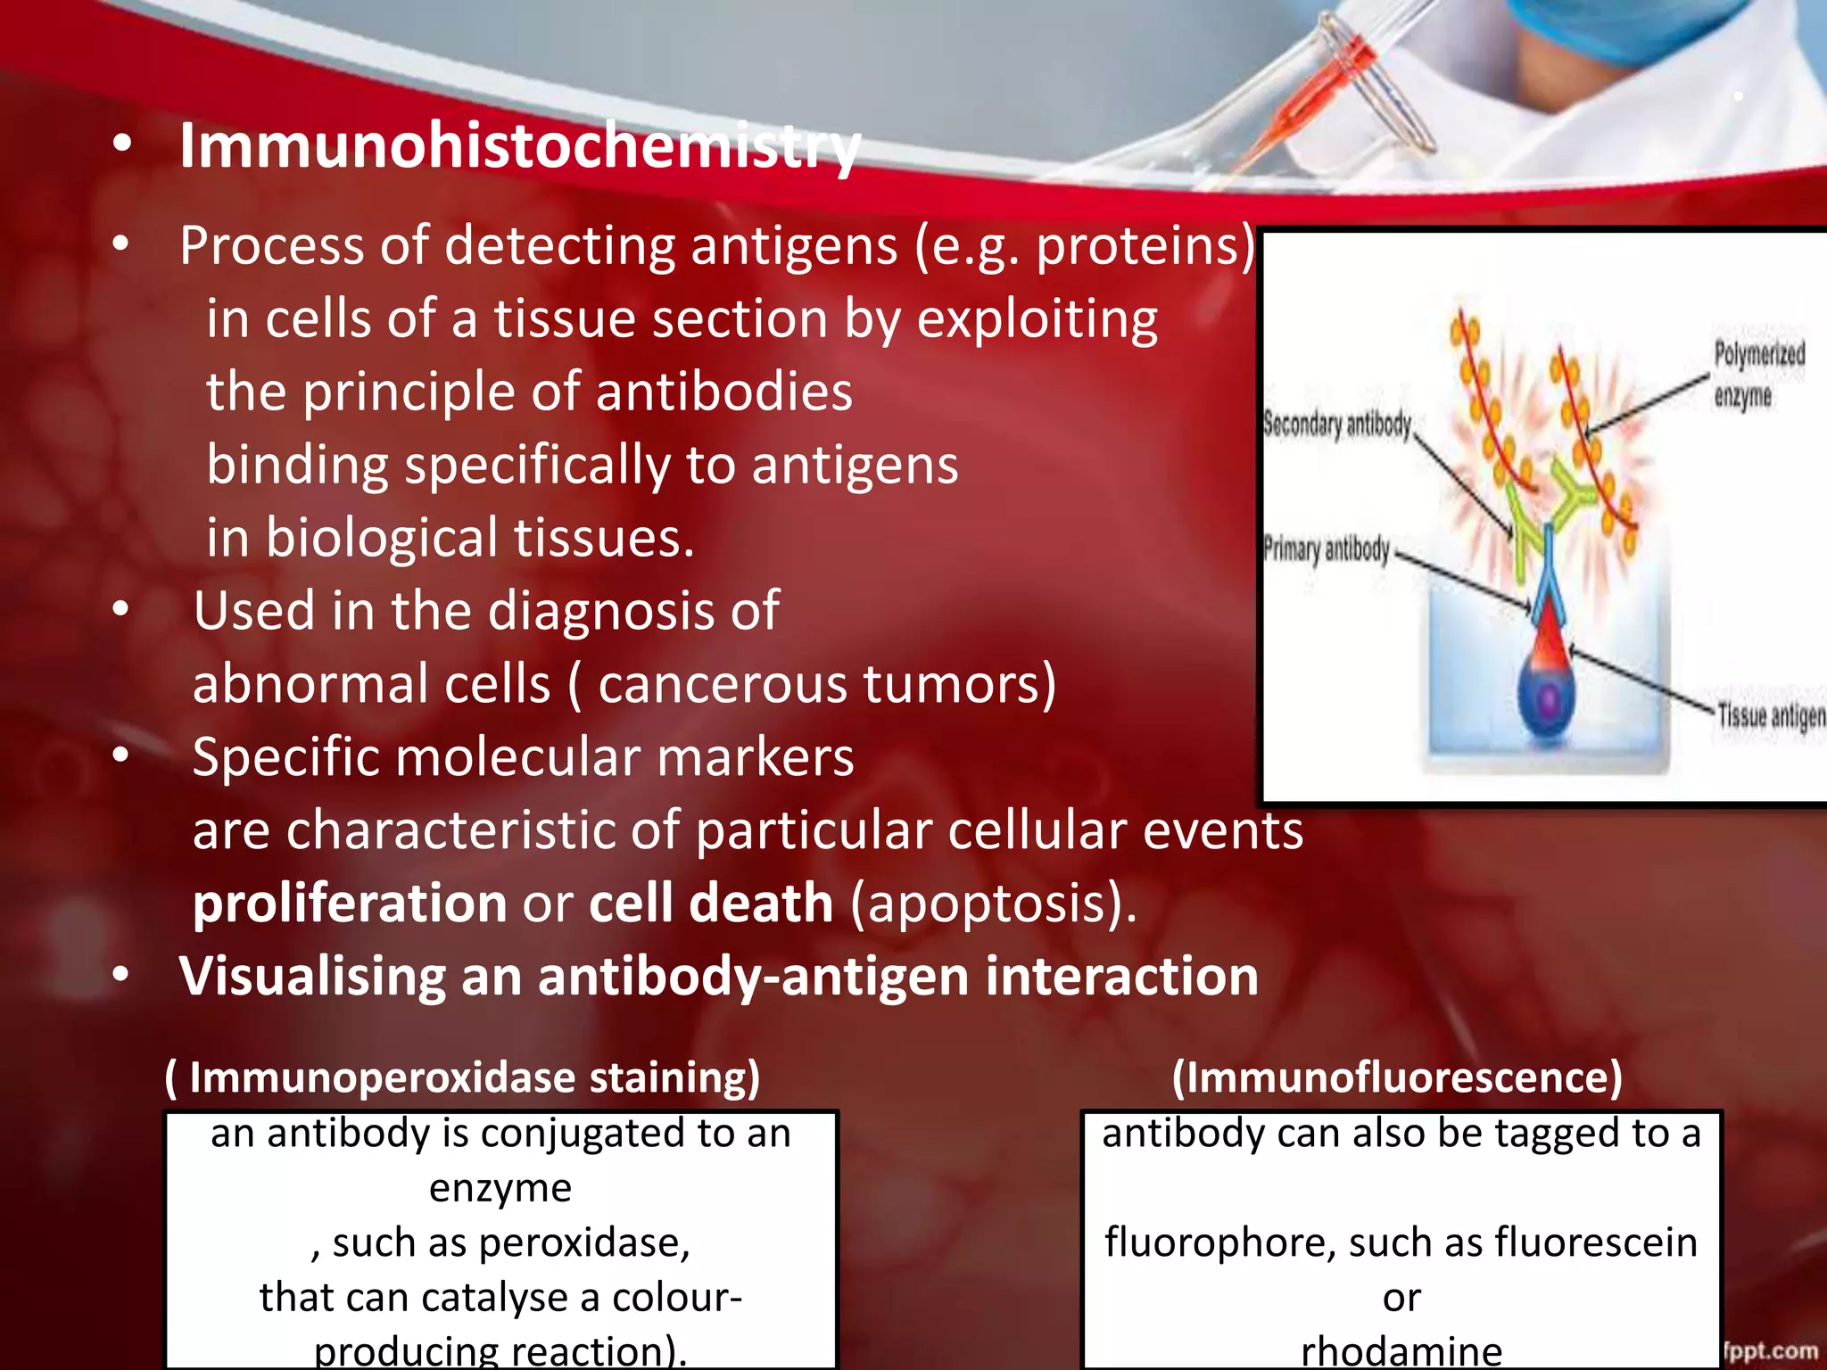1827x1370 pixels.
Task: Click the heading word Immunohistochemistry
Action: point(519,145)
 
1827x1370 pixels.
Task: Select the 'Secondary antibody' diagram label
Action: point(1336,425)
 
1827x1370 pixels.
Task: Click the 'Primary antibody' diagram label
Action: point(1326,549)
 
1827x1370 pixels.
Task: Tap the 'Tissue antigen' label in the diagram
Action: point(1771,716)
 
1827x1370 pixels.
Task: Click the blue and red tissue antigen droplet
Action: point(1547,687)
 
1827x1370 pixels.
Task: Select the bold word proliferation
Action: point(350,903)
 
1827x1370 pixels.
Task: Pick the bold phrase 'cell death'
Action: point(711,903)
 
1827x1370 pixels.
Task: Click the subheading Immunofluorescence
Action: point(1397,1077)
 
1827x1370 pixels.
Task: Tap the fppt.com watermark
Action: point(1771,1350)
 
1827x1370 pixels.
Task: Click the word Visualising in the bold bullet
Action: point(312,976)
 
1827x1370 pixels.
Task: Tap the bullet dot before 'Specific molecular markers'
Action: point(121,756)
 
